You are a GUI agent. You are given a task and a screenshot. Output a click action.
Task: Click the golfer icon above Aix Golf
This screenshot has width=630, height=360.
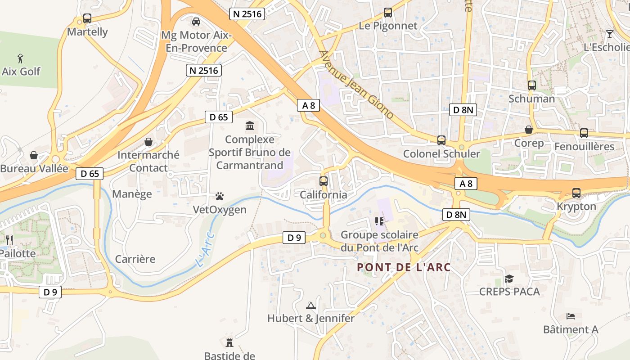tap(20, 58)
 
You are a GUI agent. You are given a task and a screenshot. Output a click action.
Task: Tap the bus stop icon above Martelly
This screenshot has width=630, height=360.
tap(87, 19)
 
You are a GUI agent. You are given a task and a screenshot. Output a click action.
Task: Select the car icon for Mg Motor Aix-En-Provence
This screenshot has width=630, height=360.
tap(196, 21)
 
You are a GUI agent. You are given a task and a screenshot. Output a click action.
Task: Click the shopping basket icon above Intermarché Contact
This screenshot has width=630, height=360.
tap(148, 142)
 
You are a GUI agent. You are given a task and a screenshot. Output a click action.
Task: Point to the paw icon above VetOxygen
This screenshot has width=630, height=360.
tap(220, 197)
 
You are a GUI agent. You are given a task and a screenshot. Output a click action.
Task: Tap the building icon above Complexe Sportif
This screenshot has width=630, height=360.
tap(249, 126)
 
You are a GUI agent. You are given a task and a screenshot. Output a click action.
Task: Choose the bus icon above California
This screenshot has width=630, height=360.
tap(324, 181)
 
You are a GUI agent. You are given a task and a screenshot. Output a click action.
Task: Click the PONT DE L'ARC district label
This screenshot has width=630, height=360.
tap(404, 267)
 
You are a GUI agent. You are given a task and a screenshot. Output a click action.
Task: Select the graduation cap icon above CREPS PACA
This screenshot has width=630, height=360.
tap(509, 279)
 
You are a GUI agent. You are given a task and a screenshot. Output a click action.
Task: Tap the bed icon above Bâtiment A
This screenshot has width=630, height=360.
tap(571, 316)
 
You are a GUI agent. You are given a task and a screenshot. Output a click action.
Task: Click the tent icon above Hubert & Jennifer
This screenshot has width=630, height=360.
tap(311, 306)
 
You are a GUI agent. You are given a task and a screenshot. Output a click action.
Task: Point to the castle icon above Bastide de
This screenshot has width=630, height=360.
tap(229, 343)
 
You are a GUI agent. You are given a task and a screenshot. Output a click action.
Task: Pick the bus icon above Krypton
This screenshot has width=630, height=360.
tap(576, 193)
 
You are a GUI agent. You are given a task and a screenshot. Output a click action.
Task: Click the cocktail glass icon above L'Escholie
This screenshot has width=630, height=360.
tap(610, 34)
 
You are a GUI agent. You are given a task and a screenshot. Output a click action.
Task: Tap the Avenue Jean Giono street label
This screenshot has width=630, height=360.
tap(356, 85)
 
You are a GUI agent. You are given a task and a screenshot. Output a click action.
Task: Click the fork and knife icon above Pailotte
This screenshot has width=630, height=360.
tap(9, 240)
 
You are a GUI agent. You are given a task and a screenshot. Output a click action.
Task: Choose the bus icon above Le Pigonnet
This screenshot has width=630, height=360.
tap(388, 13)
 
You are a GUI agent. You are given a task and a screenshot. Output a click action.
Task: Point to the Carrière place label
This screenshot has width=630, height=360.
tap(135, 259)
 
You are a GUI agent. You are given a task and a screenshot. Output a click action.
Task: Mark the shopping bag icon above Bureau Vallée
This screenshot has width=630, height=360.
tap(34, 156)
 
